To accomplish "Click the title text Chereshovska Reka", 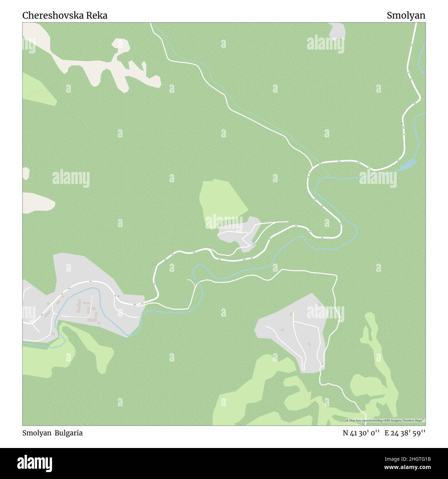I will pos(65,16).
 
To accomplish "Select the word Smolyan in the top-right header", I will pos(406,16).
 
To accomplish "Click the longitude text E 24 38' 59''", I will pos(405,433).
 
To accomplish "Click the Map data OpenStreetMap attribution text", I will pos(385,420).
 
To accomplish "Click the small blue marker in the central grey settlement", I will pos(253,244).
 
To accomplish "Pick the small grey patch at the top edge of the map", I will pos(337,31).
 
